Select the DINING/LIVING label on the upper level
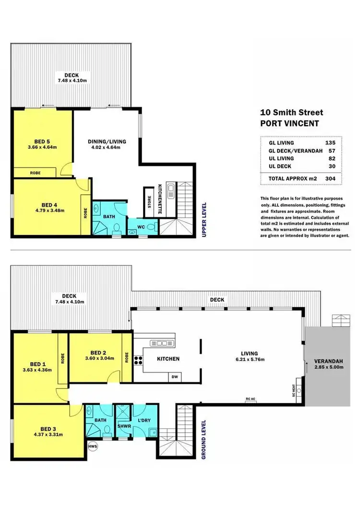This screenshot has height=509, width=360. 107,142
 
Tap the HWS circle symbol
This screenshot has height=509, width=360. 93,446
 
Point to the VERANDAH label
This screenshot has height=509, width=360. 328,361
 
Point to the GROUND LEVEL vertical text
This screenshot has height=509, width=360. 204,439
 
